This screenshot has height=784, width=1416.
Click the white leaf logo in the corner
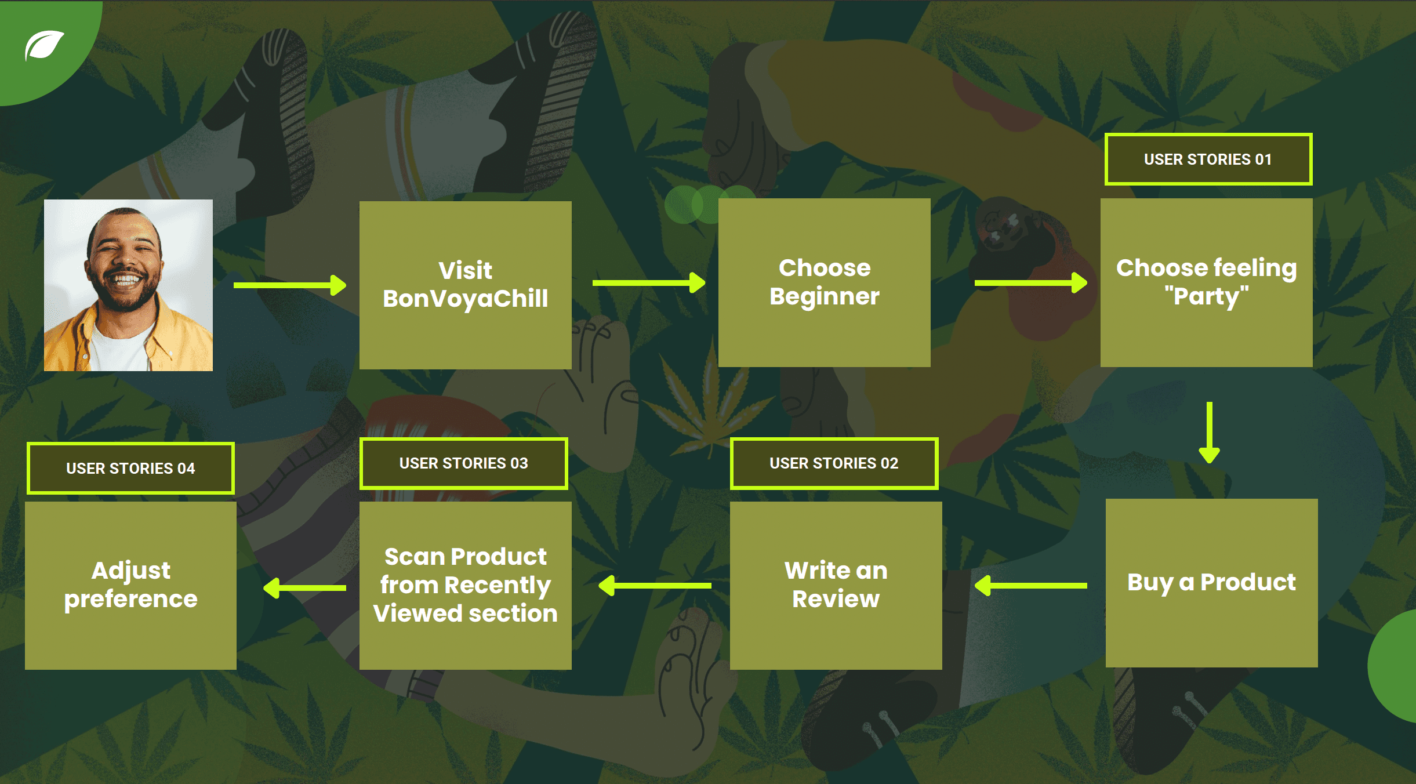coord(44,45)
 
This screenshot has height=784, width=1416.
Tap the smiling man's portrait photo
coord(128,285)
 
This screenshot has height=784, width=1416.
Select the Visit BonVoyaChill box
coord(465,285)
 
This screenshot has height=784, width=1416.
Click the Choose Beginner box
coord(824,282)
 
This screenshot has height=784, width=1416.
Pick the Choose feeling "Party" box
coord(1206,282)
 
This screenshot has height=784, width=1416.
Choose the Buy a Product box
coord(1211,582)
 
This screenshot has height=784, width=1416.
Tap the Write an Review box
coord(836,585)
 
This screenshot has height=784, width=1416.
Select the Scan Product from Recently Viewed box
coord(465,585)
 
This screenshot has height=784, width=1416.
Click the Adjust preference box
coord(130,585)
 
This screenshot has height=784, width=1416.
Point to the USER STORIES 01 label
coord(1208,159)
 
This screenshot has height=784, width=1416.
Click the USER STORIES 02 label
coord(834,463)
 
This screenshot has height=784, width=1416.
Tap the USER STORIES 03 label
coord(463,463)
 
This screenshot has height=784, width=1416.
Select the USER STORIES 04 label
coord(130,468)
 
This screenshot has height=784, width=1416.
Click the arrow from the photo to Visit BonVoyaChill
coord(289,285)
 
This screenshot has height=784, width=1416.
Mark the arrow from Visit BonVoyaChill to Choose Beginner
coord(648,283)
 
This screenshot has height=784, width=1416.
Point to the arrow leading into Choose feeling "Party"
coord(1030,283)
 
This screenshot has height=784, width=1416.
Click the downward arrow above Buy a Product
coord(1209,432)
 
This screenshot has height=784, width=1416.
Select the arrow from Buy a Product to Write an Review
coord(1031,586)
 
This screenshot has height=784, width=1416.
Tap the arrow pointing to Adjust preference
coord(305,588)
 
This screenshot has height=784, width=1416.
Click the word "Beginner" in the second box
coord(824,296)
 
